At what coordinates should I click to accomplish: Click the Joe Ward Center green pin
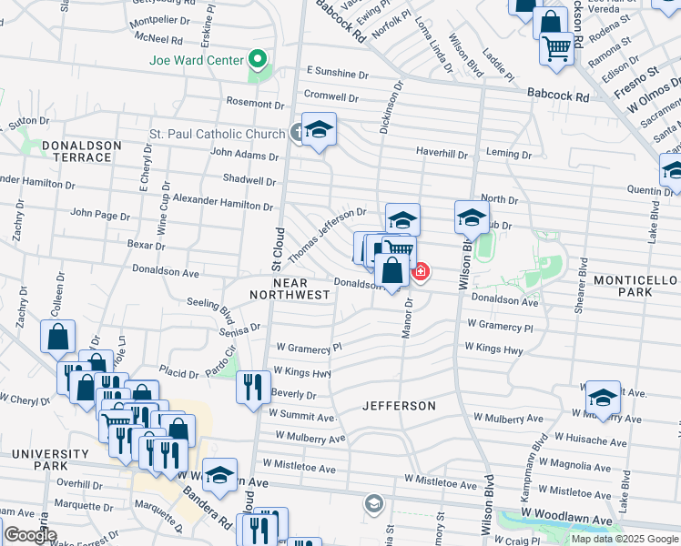click(258, 61)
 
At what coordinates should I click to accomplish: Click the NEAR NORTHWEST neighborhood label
click(289, 288)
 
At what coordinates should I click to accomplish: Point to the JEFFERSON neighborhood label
click(399, 405)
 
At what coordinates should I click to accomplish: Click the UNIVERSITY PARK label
click(40, 460)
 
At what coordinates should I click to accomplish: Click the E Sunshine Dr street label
click(337, 71)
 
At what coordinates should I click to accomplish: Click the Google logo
click(30, 535)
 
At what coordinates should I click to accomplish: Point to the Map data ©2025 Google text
click(624, 539)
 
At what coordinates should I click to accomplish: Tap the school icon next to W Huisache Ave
click(602, 397)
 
